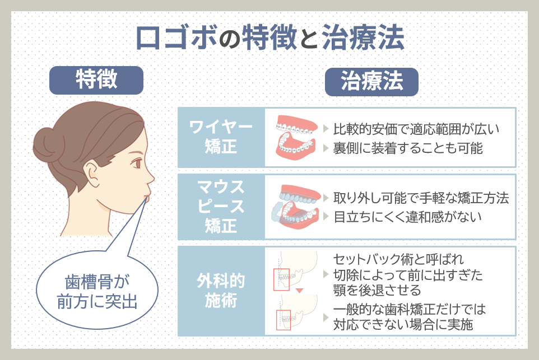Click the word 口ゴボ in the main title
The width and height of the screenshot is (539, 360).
point(180,38)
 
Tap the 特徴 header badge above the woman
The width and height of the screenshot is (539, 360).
point(96,80)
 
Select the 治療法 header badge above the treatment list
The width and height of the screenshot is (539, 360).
point(372,82)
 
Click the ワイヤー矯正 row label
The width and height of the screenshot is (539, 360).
point(221,137)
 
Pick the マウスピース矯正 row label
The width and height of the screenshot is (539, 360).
point(221,207)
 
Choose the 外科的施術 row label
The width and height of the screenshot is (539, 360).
point(221,291)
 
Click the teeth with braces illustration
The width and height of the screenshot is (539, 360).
point(296,137)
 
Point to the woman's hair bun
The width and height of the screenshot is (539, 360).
point(49,144)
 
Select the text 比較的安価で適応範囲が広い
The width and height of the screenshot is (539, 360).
point(416,129)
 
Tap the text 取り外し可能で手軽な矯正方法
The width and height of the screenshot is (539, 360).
point(421,198)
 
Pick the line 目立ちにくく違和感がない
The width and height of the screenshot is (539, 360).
point(407,217)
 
